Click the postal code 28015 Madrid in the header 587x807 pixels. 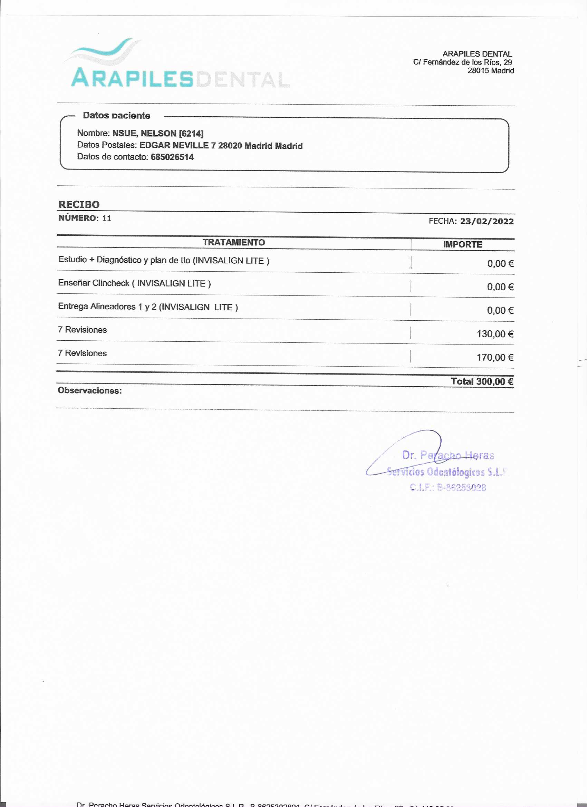tap(490, 70)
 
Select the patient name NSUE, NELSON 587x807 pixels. tap(144, 134)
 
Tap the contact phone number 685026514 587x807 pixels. tap(172, 157)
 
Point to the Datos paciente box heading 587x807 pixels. tap(116, 115)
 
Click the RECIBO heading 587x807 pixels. tap(79, 205)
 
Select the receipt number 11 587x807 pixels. tap(107, 218)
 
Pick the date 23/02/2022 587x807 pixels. tap(487, 221)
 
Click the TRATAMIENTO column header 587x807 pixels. tap(234, 242)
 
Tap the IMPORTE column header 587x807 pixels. tap(462, 244)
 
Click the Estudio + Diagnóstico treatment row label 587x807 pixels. tap(163, 260)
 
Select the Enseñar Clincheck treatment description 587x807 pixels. tap(134, 283)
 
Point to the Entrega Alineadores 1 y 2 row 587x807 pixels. tap(148, 307)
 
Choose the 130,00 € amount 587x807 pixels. tap(495, 334)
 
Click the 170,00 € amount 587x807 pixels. tap(495, 357)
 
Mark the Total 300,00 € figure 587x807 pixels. tap(482, 381)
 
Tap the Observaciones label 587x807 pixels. tap(90, 391)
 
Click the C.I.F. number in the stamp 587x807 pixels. tap(448, 487)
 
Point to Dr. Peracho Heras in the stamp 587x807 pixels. tap(448, 455)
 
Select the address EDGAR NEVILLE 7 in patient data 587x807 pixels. tap(177, 146)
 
